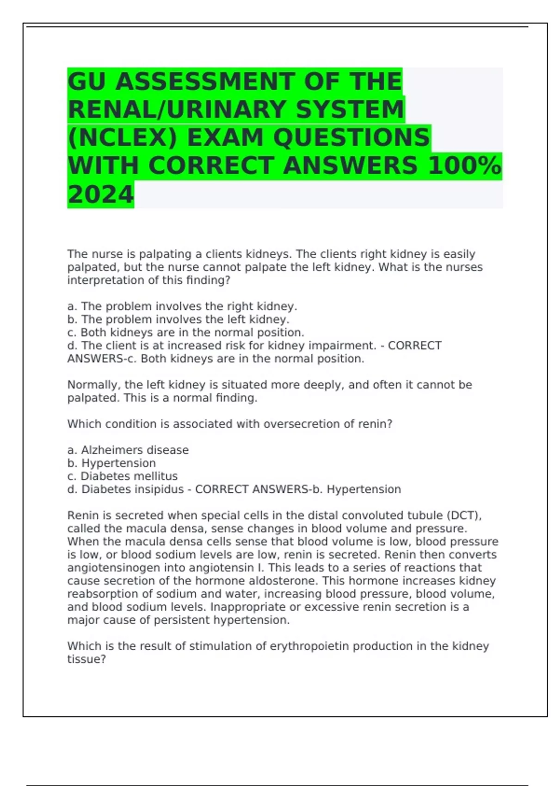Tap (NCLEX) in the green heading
point(122,138)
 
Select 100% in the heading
point(464,166)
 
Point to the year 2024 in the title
point(100,194)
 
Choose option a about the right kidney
point(182,306)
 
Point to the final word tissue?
point(86,659)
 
